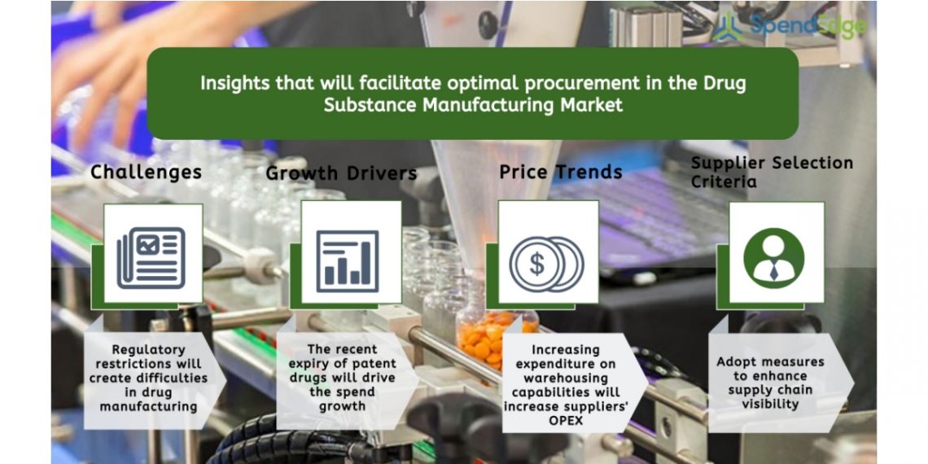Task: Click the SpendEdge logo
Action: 789,26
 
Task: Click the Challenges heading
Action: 146,173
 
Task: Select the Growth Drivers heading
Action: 342,173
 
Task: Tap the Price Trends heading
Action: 561,173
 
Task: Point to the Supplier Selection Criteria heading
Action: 772,172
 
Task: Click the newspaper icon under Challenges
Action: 151,258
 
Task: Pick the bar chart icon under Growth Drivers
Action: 348,261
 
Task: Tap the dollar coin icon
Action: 546,264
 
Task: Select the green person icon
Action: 773,258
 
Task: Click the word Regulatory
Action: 148,350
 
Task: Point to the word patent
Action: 374,363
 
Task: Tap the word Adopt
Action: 738,361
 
